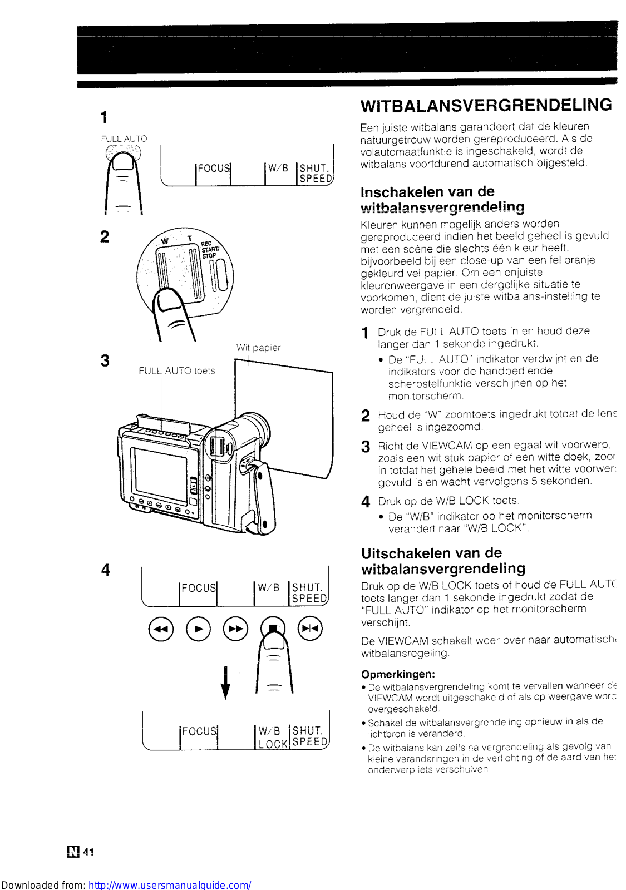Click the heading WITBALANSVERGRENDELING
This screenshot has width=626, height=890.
pyautogui.click(x=486, y=105)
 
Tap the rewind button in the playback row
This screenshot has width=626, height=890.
pyautogui.click(x=161, y=629)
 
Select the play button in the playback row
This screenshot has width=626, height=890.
pyautogui.click(x=198, y=629)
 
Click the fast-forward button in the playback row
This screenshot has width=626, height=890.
pyautogui.click(x=235, y=629)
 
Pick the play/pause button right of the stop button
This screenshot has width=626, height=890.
pyautogui.click(x=309, y=629)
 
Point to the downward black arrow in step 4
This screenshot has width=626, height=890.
pyautogui.click(x=225, y=683)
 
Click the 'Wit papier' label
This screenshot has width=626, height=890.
pyautogui.click(x=258, y=348)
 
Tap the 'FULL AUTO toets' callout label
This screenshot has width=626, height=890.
pyautogui.click(x=176, y=371)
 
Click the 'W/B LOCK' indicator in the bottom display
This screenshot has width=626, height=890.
pyautogui.click(x=273, y=738)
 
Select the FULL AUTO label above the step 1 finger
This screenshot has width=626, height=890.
pyautogui.click(x=124, y=139)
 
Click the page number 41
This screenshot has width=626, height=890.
pyautogui.click(x=88, y=852)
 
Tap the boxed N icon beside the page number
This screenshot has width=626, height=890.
pyautogui.click(x=73, y=852)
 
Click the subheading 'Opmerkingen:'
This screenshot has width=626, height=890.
pyautogui.click(x=398, y=674)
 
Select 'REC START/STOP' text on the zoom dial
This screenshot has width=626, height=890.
pyautogui.click(x=210, y=250)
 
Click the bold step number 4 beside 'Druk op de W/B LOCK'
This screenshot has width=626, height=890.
pyautogui.click(x=366, y=502)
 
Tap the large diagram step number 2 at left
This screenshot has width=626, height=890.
pyautogui.click(x=105, y=236)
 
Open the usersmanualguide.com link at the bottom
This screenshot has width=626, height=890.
pyautogui.click(x=170, y=884)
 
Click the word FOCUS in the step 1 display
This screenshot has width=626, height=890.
pyautogui.click(x=214, y=168)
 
